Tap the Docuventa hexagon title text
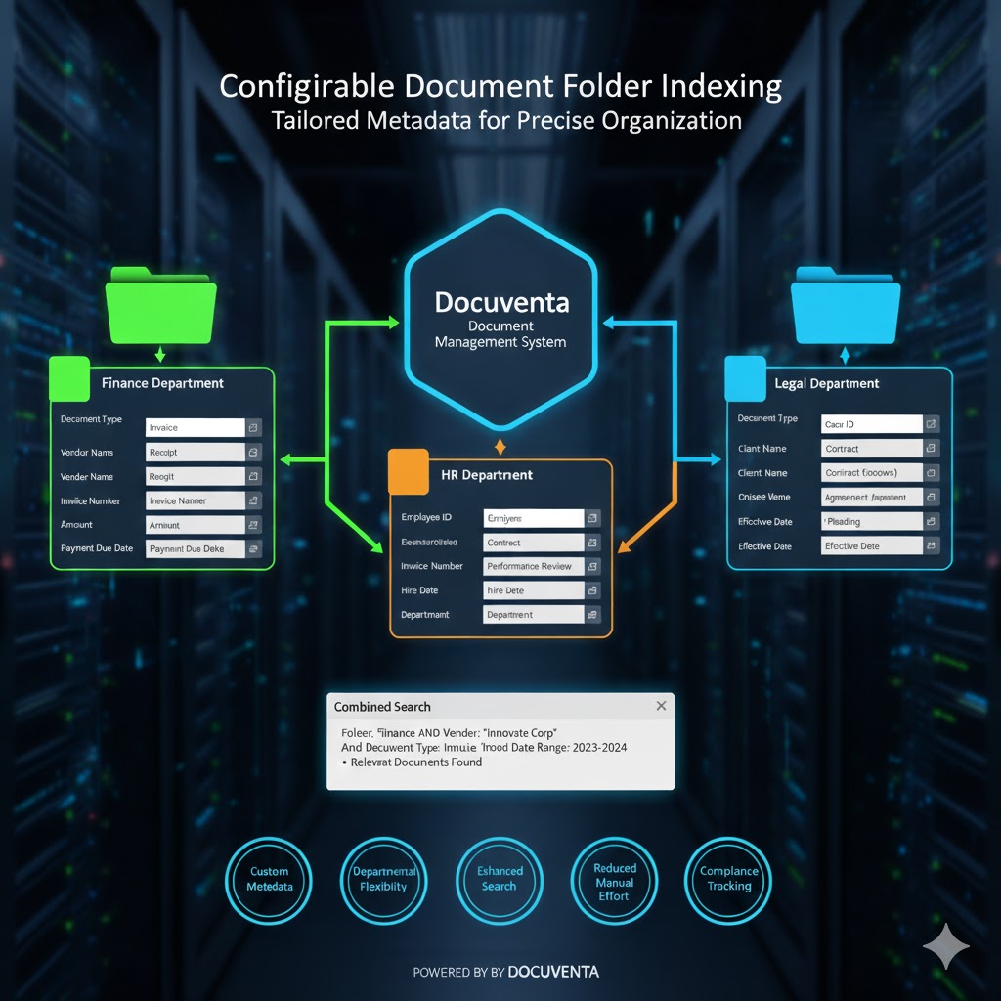tap(500, 301)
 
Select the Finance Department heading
tap(162, 383)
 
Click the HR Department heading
tap(487, 475)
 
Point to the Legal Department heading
tap(826, 383)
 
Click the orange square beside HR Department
tap(408, 470)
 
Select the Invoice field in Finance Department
tap(195, 427)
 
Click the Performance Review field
tap(534, 566)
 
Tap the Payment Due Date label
tap(97, 548)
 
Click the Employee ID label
tap(426, 517)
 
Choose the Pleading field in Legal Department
tap(871, 521)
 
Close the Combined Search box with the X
tap(661, 706)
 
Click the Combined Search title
tap(382, 707)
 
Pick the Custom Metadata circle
tap(269, 879)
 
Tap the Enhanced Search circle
tap(499, 879)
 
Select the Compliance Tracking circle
tap(728, 879)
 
